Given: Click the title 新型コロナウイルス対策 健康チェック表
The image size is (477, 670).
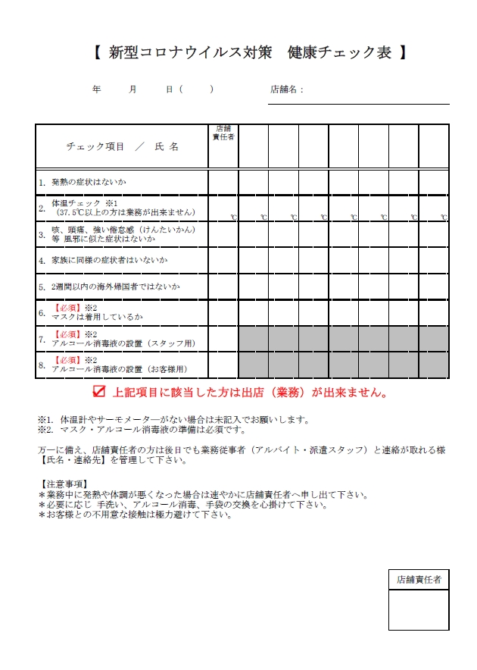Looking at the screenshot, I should click(x=250, y=53).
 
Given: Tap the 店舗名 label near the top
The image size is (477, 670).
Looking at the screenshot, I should click(x=286, y=89).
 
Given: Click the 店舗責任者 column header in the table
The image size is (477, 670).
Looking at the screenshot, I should click(x=223, y=133).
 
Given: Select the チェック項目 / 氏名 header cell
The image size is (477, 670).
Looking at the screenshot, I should click(x=122, y=146).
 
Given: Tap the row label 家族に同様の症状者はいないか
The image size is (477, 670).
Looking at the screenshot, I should click(x=109, y=260).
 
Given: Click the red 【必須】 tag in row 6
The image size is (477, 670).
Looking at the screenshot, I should click(x=67, y=308).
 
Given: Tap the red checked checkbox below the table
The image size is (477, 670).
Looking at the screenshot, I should click(x=98, y=392).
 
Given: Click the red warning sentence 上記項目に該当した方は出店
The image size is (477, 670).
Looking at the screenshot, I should click(x=251, y=393).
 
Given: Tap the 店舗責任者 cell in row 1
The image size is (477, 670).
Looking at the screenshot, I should click(x=223, y=183).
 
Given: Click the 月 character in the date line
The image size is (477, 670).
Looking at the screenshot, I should click(x=133, y=89).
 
